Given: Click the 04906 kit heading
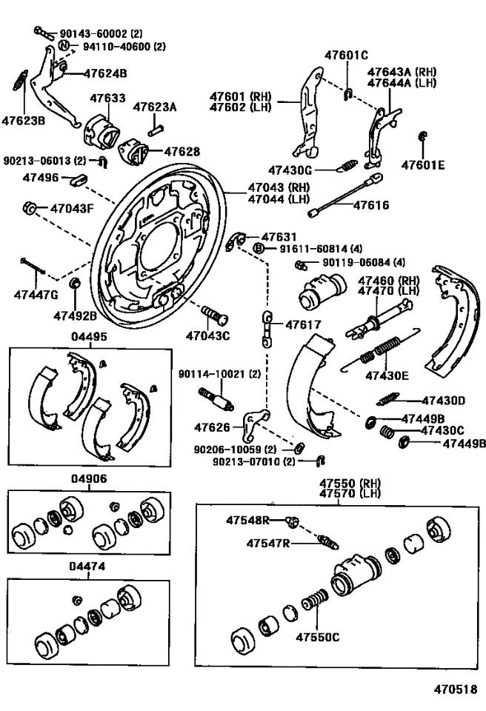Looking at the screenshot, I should (89, 479).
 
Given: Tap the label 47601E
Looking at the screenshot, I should (423, 165).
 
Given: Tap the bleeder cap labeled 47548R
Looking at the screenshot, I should (291, 521).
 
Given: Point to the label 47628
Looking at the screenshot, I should (182, 152).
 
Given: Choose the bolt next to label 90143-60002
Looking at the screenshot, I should (41, 32).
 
